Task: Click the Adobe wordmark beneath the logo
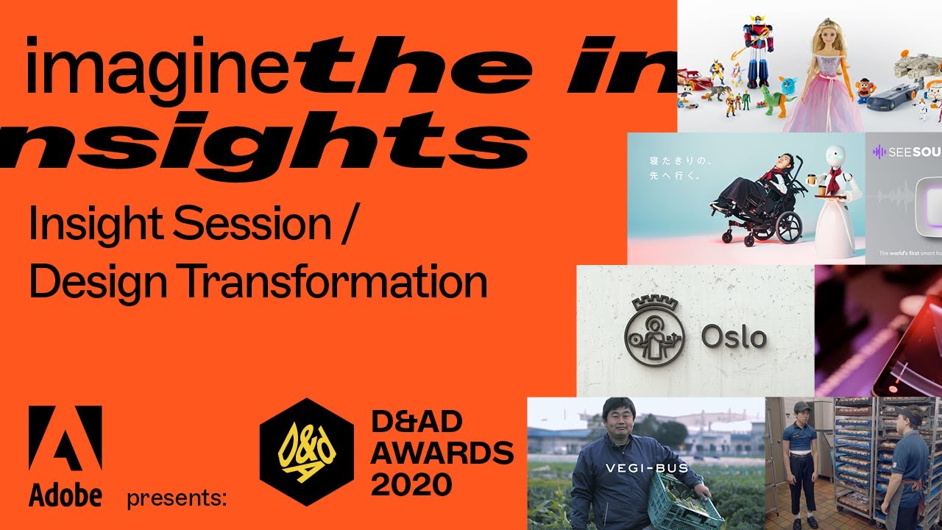click(x=65, y=496)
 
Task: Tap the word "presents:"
click(x=176, y=498)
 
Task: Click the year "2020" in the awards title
click(x=411, y=484)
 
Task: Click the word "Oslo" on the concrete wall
click(x=734, y=338)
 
